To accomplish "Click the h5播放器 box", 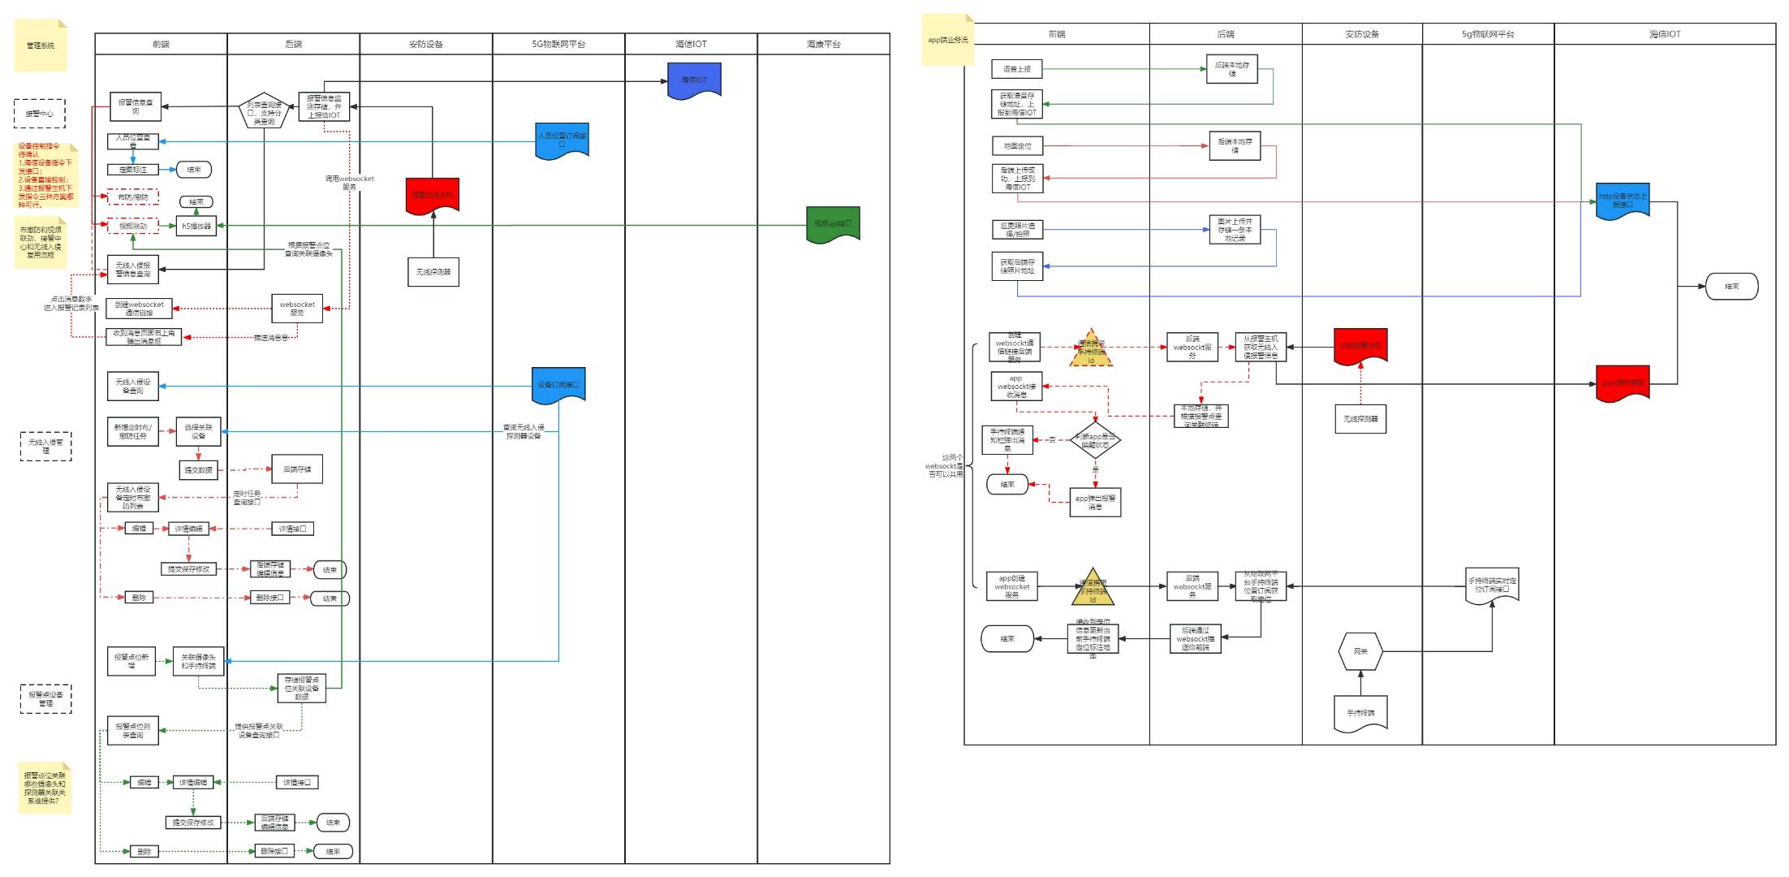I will pyautogui.click(x=196, y=226).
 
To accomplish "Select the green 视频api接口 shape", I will pyautogui.click(x=833, y=224).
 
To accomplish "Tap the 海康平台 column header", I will pyautogui.click(x=823, y=44).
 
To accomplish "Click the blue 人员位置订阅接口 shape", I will pyautogui.click(x=562, y=140).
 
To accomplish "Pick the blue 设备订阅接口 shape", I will pyautogui.click(x=558, y=385).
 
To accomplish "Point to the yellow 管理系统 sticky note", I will pyautogui.click(x=41, y=45).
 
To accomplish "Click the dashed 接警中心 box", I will pyautogui.click(x=39, y=114).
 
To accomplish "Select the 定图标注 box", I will pyautogui.click(x=133, y=170).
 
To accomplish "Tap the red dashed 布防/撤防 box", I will pyautogui.click(x=133, y=197).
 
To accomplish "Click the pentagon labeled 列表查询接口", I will pyautogui.click(x=264, y=113).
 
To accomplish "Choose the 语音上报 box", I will pyautogui.click(x=1016, y=69).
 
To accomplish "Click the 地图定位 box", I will pyautogui.click(x=1017, y=146).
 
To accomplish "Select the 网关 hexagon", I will pyautogui.click(x=1360, y=651).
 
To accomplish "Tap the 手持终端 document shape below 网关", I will pyautogui.click(x=1360, y=713).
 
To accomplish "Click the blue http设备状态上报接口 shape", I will pyautogui.click(x=1623, y=201).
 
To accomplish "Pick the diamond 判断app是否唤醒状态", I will pyautogui.click(x=1095, y=441).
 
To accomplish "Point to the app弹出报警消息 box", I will pyautogui.click(x=1095, y=502).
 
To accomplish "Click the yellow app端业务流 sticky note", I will pyautogui.click(x=947, y=40).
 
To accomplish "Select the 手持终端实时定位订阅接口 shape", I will pyautogui.click(x=1492, y=585).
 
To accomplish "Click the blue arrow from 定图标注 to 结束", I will pyautogui.click(x=167, y=170).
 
